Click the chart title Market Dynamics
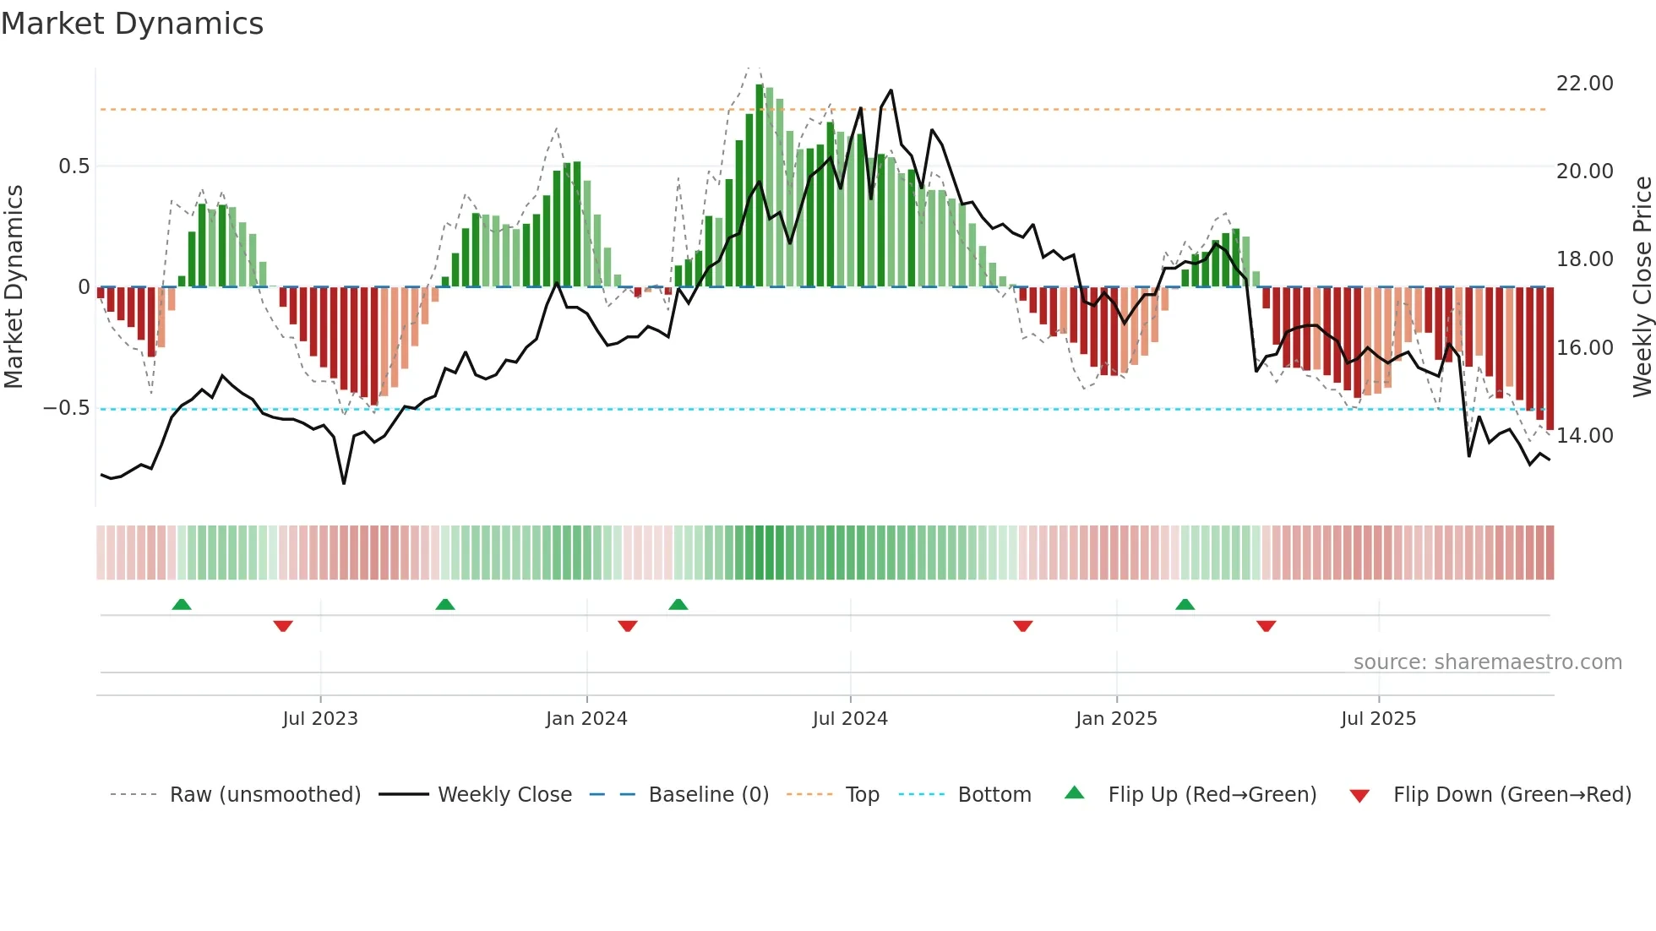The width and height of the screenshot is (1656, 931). (x=132, y=24)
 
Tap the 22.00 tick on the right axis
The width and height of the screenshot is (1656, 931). (x=1584, y=84)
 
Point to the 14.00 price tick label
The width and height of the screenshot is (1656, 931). (x=1584, y=436)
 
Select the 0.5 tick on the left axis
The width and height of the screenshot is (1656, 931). (x=74, y=166)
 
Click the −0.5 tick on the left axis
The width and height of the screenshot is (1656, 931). (x=67, y=408)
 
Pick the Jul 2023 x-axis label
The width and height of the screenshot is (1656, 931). (x=320, y=719)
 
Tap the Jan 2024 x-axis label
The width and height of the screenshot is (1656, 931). (x=586, y=719)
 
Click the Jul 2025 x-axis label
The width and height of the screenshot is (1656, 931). (x=1378, y=719)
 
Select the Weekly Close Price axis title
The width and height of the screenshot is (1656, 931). (x=1642, y=287)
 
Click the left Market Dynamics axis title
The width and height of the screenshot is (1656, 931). (x=14, y=287)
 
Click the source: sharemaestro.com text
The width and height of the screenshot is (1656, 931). (x=1487, y=662)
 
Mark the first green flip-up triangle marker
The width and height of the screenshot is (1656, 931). (x=182, y=604)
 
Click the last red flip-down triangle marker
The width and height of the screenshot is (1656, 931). (x=1266, y=626)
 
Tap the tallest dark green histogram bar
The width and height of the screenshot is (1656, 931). (x=760, y=186)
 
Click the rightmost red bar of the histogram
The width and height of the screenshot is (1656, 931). (x=1550, y=359)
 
